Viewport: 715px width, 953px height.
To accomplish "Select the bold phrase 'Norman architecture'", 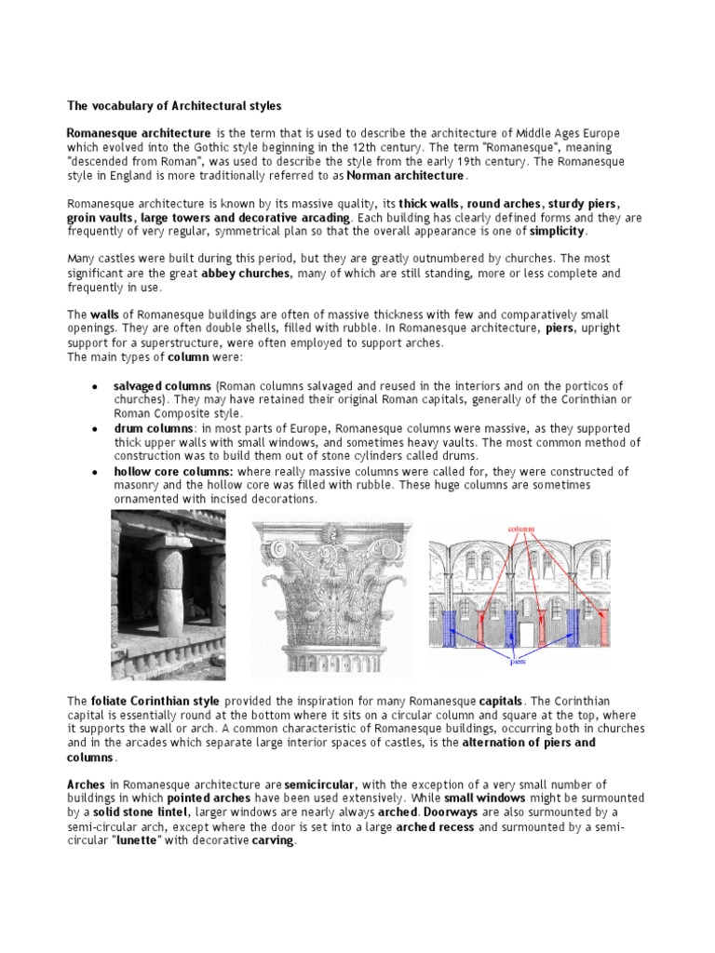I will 405,175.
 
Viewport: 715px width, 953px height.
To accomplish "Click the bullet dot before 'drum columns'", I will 96,428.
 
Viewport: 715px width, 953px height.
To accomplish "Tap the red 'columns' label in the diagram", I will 520,527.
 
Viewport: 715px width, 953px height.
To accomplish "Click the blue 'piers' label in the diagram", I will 517,664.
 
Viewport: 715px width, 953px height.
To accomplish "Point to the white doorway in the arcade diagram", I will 526,634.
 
